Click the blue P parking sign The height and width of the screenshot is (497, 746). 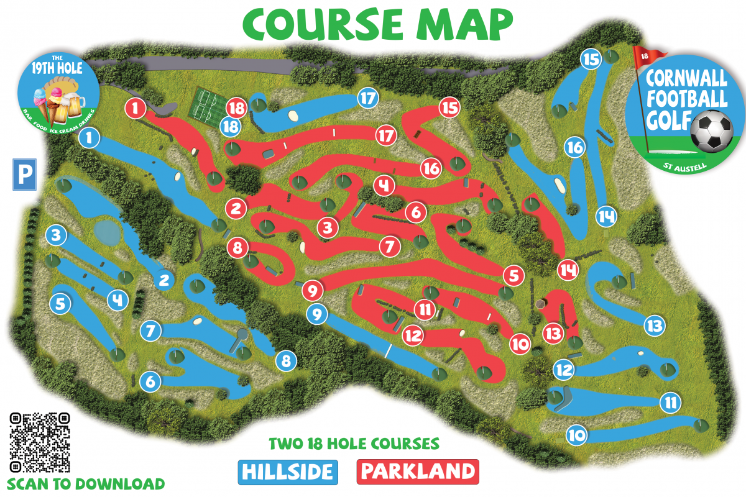pyautogui.click(x=25, y=174)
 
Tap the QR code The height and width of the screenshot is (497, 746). pyautogui.click(x=39, y=442)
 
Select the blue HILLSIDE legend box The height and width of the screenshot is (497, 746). pyautogui.click(x=287, y=472)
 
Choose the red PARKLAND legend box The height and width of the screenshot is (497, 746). pyautogui.click(x=418, y=472)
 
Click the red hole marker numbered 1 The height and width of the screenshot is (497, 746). pyautogui.click(x=135, y=108)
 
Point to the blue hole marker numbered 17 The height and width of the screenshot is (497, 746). pyautogui.click(x=368, y=98)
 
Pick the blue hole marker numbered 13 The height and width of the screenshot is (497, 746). pyautogui.click(x=654, y=325)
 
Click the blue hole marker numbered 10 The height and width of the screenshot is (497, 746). pyautogui.click(x=576, y=435)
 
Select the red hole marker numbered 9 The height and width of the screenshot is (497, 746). pyautogui.click(x=313, y=290)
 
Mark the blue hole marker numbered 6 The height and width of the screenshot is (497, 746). pyautogui.click(x=150, y=381)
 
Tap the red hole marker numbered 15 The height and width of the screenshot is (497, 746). pyautogui.click(x=449, y=107)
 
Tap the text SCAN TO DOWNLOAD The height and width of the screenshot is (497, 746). pyautogui.click(x=86, y=483)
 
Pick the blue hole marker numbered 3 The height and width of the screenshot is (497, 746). pyautogui.click(x=57, y=235)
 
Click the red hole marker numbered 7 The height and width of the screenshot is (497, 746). pyautogui.click(x=390, y=246)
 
